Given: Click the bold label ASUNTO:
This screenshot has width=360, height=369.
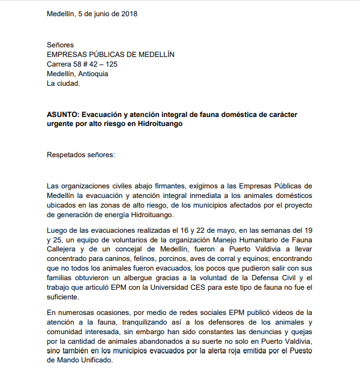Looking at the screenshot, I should tap(62, 114).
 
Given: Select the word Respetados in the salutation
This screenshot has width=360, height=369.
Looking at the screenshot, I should tap(67, 154).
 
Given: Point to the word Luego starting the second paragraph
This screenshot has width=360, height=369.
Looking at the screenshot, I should tap(58, 230).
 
